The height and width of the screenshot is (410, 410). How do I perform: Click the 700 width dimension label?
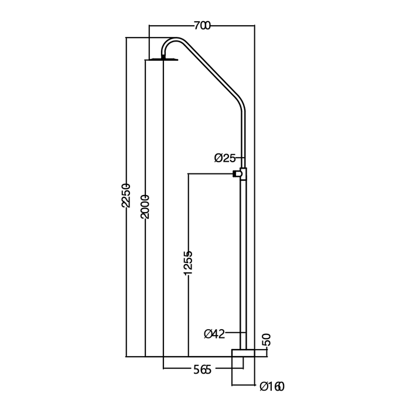coord(202,26)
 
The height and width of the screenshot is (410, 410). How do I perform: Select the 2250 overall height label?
coord(126,195)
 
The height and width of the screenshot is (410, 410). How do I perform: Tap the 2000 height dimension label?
coord(145,207)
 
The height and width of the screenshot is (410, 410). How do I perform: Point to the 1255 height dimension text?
coord(188,263)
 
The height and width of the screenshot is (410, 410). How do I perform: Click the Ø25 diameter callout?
coord(225,158)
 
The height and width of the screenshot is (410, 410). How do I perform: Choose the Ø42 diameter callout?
coord(214,334)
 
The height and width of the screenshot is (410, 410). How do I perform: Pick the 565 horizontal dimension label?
coord(202,370)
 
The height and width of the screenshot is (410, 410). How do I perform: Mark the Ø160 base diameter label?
coord(272,387)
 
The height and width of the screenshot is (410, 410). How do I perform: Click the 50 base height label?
coord(268,340)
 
